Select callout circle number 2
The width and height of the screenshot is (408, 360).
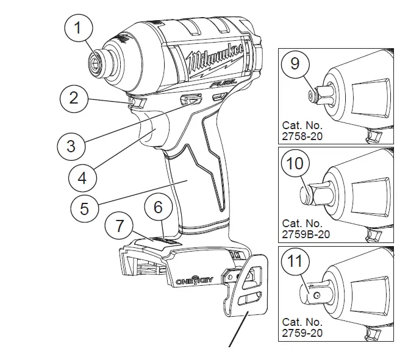(x=73, y=98)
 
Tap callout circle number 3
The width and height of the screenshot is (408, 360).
(x=71, y=146)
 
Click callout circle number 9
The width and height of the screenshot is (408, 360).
(x=295, y=64)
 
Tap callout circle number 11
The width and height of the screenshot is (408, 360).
(x=296, y=263)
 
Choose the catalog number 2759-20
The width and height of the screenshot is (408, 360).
(x=302, y=333)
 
